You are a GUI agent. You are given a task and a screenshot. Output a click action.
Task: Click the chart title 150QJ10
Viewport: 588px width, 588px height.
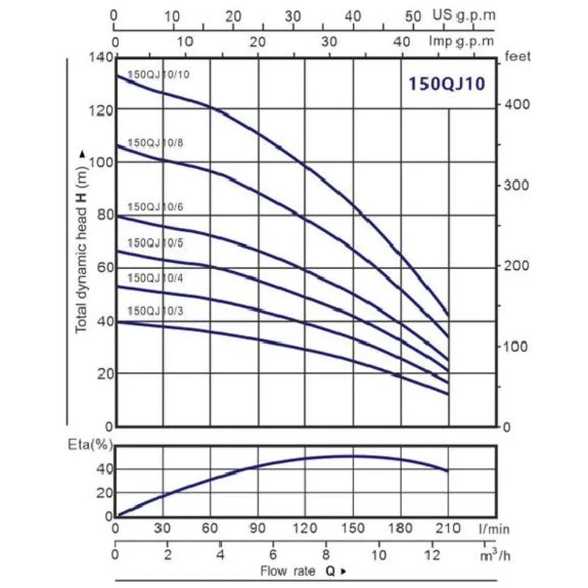point(447,83)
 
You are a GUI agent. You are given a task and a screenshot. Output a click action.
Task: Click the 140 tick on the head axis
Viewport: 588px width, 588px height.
point(101,57)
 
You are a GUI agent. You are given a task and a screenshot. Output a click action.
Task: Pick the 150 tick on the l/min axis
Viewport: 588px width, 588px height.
point(354,528)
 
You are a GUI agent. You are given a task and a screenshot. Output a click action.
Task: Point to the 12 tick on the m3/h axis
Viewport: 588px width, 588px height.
point(432,553)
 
